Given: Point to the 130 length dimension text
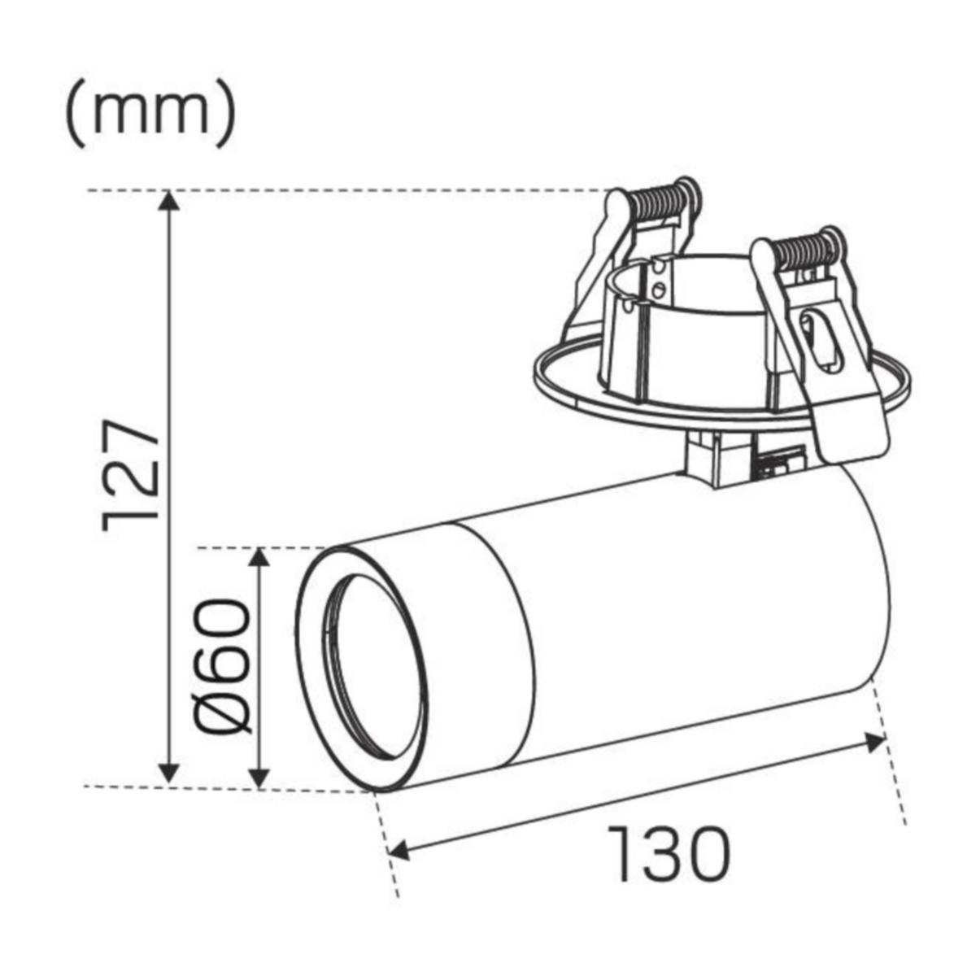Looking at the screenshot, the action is click(669, 854).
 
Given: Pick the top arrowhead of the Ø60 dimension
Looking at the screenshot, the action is click(259, 558).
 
